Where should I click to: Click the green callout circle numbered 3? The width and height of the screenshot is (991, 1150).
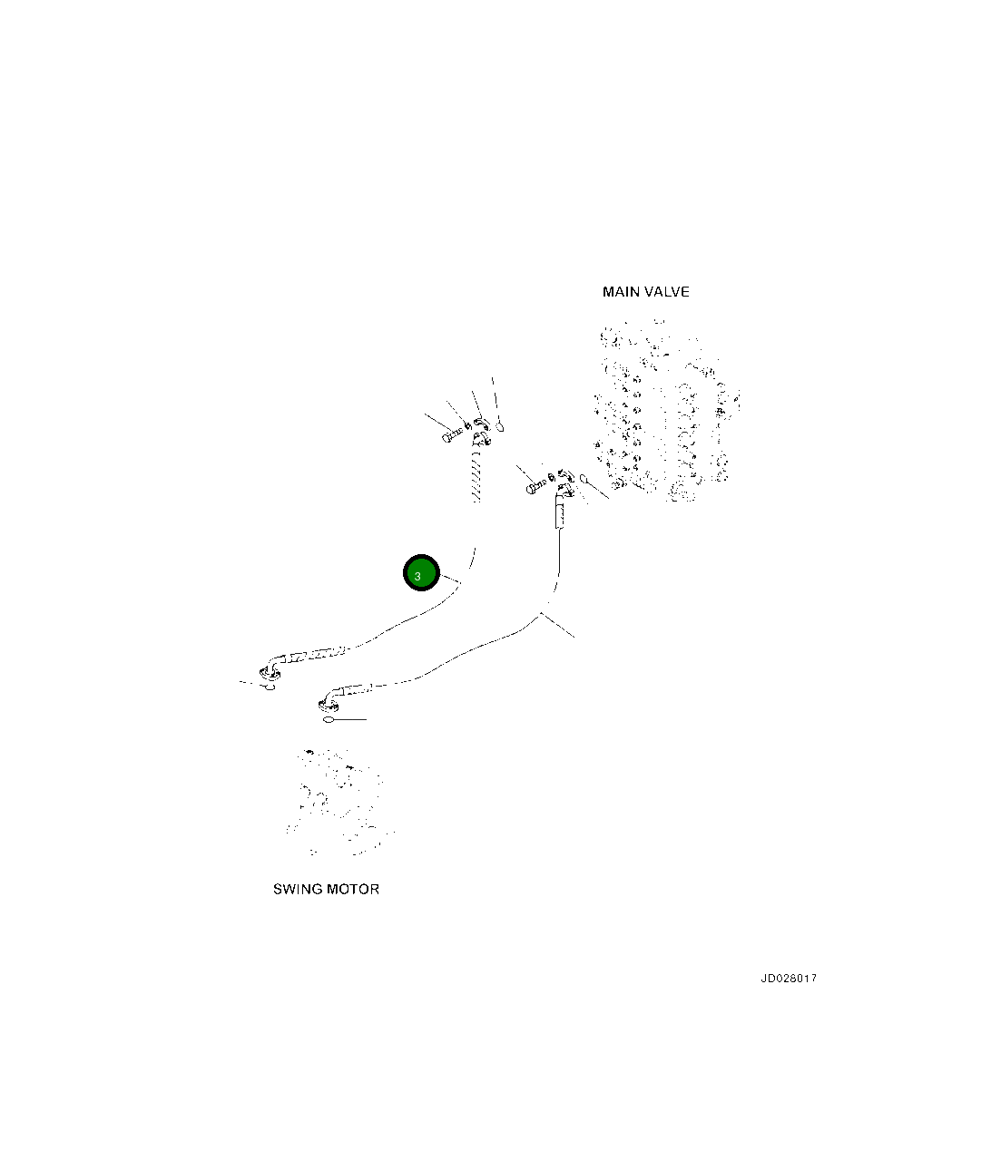click(421, 573)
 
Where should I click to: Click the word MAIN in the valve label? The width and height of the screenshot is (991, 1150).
click(620, 292)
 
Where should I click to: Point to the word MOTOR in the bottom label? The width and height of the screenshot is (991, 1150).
click(353, 890)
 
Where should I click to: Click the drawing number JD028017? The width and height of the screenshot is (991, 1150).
click(788, 979)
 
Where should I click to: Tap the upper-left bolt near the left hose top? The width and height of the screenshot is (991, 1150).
click(451, 436)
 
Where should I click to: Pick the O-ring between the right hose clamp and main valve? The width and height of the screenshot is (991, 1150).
click(584, 478)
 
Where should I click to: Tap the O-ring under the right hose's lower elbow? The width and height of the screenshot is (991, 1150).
click(329, 720)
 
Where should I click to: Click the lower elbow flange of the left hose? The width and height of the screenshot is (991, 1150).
click(269, 672)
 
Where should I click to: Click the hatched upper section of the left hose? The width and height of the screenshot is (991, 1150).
click(473, 477)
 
